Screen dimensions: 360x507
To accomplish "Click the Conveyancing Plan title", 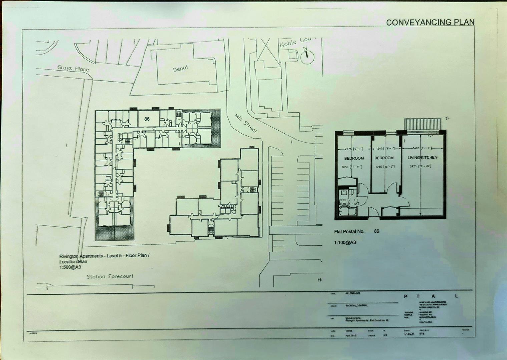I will coord(430,22).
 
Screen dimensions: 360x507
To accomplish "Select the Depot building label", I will coord(180,69).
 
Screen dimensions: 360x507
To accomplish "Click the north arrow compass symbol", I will coord(307,57).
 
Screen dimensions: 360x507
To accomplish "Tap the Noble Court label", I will coord(297,42).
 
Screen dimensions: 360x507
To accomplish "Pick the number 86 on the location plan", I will coord(147,119).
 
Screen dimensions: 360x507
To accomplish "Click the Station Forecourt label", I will coord(110,276).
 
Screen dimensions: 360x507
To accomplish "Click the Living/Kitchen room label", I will coord(422,158).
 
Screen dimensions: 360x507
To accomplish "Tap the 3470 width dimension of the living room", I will coord(413,149).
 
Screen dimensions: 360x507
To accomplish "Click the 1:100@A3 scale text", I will coord(345,243).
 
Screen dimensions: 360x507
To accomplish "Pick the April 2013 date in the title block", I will coord(352,336).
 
